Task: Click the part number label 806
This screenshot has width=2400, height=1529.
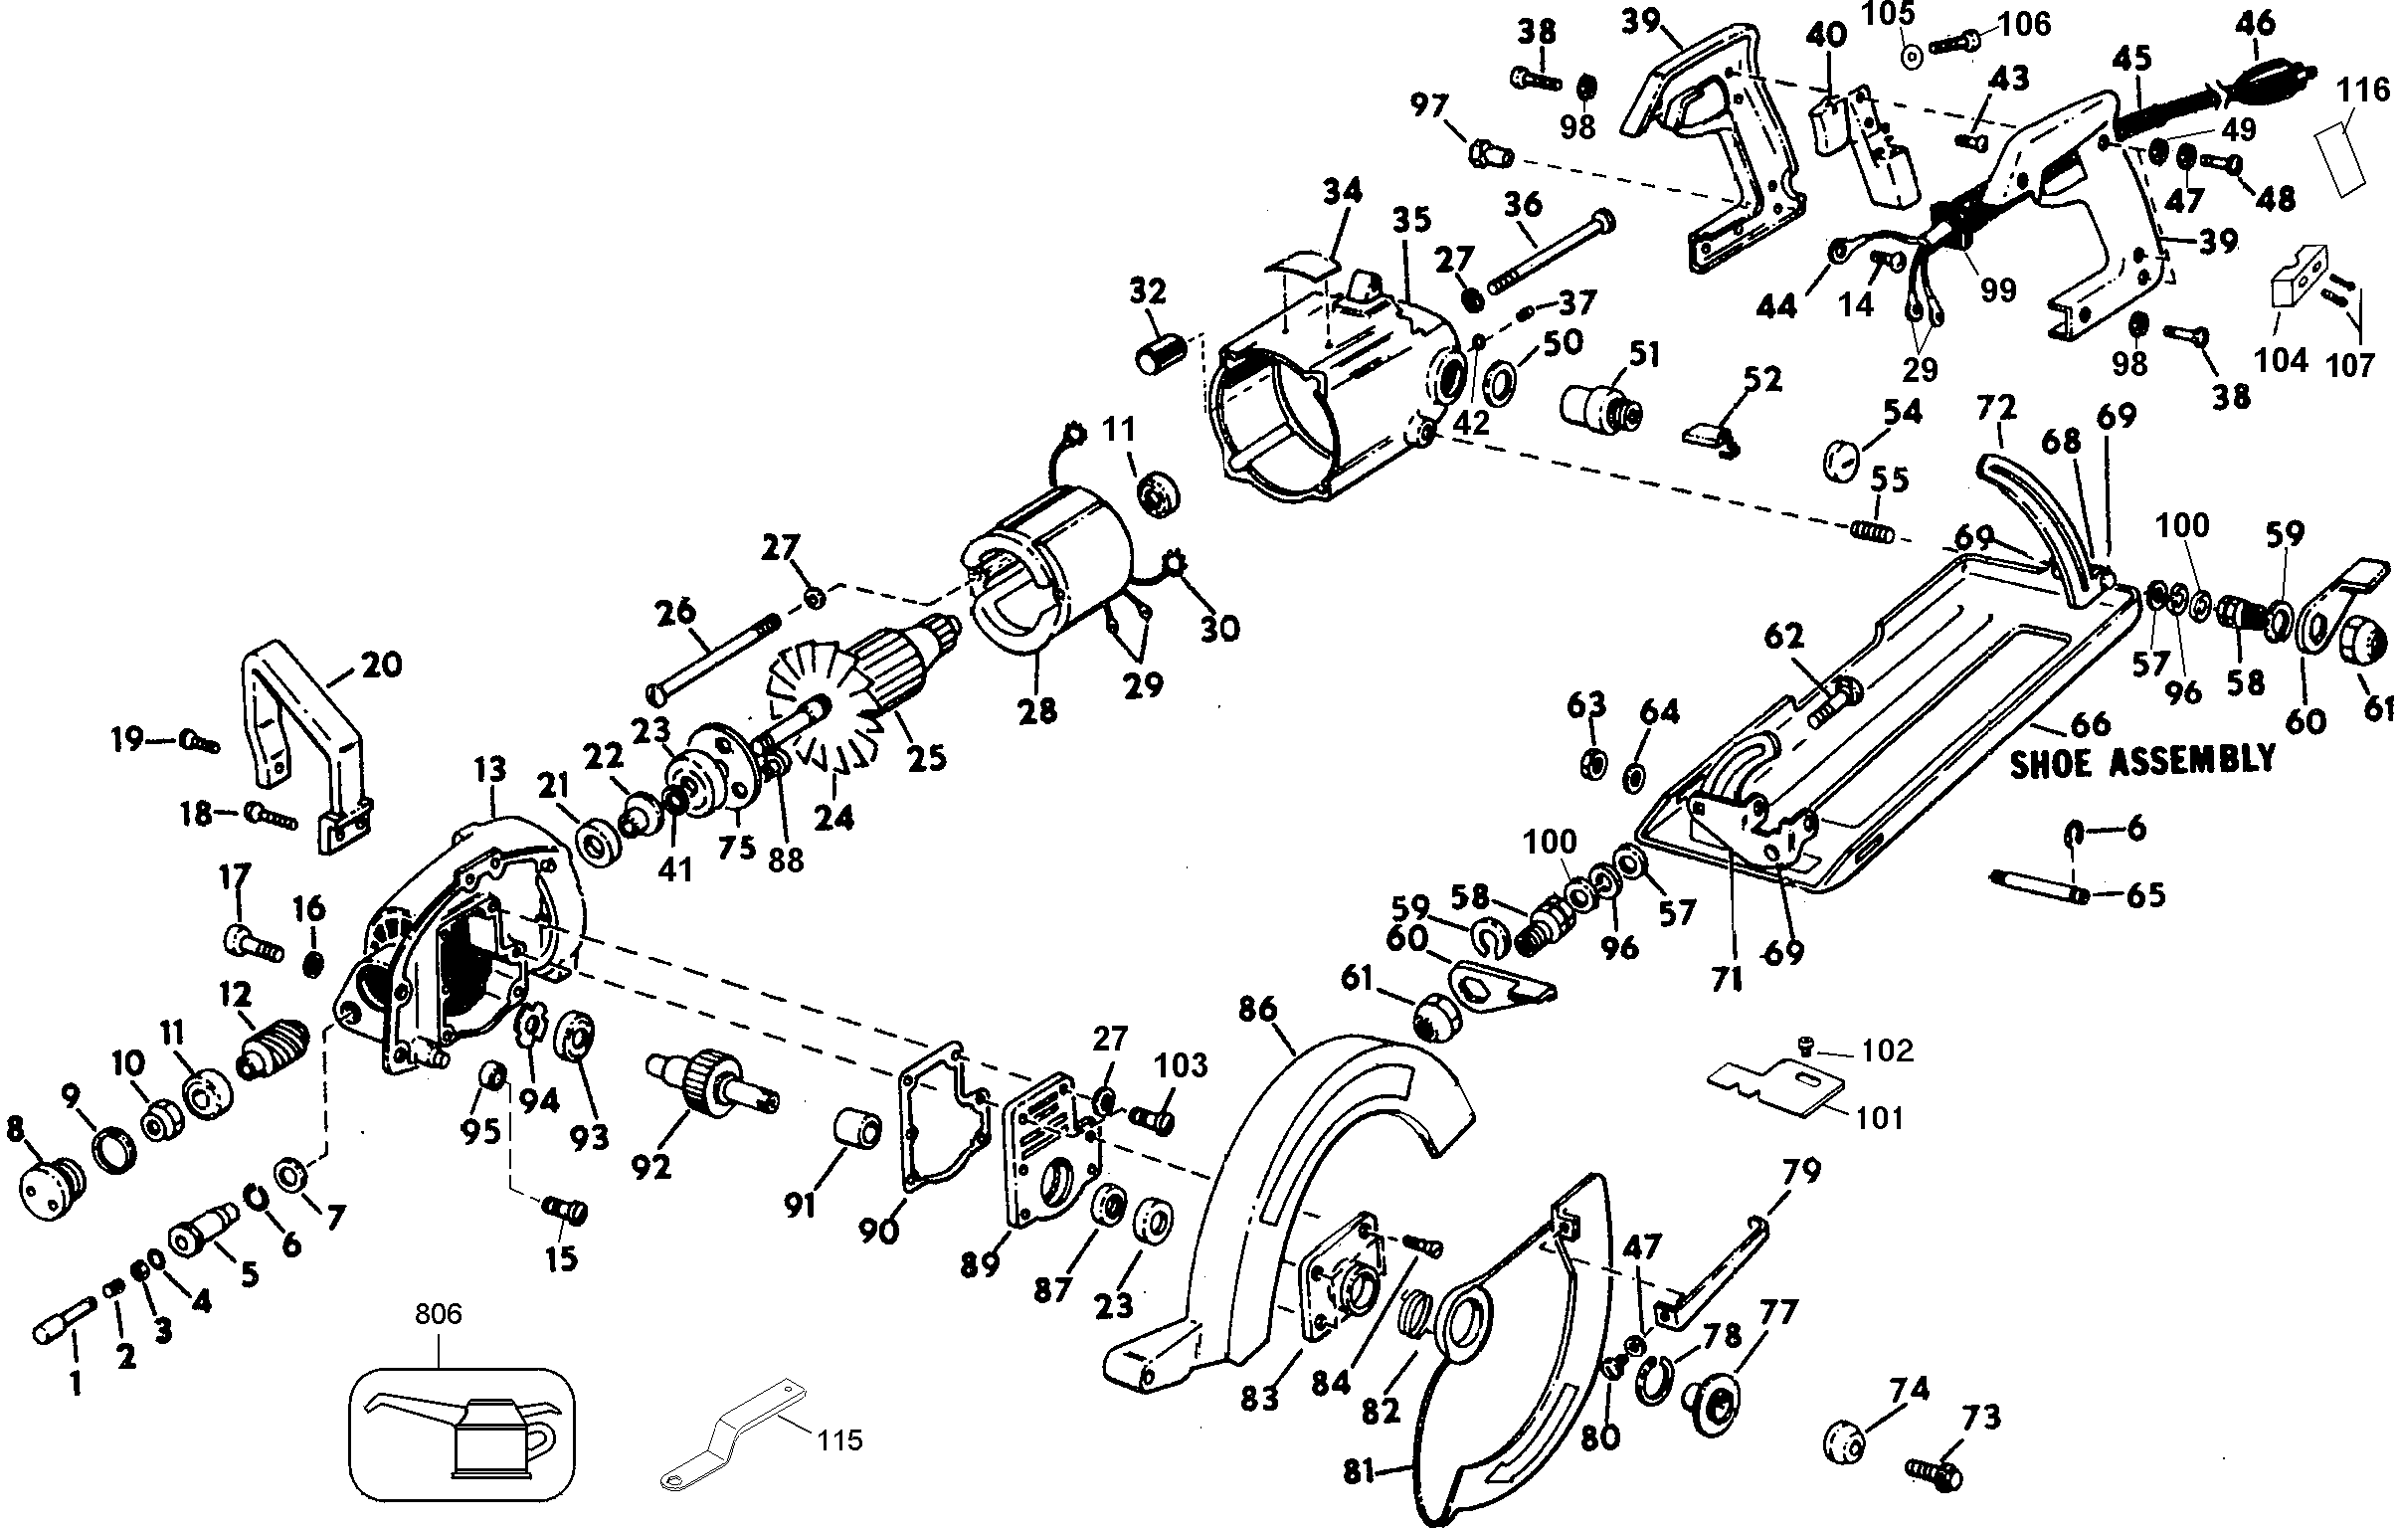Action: (439, 1315)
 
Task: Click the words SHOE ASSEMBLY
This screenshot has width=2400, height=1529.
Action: (2142, 761)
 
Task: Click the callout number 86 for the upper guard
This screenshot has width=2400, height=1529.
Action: (1257, 1010)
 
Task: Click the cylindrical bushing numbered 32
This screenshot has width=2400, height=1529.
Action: (1161, 354)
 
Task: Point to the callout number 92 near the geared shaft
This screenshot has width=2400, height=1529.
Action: (651, 1165)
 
